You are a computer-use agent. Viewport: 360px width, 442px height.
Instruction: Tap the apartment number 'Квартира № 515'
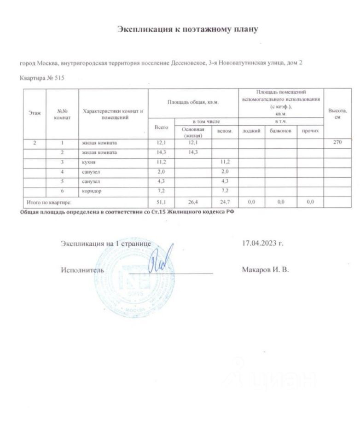42,78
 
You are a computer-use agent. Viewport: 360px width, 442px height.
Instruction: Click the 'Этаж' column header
34,112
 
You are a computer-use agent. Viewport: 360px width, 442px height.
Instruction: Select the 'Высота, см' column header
337,112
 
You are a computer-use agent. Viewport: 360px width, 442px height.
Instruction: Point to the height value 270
337,142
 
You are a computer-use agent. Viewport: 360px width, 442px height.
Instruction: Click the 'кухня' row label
89,163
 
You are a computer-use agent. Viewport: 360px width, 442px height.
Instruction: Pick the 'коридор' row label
92,191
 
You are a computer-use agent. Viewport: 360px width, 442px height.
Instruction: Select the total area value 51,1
162,201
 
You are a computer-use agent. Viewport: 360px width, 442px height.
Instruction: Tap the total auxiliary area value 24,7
224,201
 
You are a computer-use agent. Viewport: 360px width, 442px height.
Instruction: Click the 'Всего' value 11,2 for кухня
162,163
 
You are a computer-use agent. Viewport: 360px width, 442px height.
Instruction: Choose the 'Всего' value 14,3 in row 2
162,152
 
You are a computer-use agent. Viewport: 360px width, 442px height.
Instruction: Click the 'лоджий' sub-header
251,131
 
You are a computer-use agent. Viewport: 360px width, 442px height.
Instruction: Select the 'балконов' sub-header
280,131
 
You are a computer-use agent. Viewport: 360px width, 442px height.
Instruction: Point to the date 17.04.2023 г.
262,243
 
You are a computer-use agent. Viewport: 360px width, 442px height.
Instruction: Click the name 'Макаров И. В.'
265,270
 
